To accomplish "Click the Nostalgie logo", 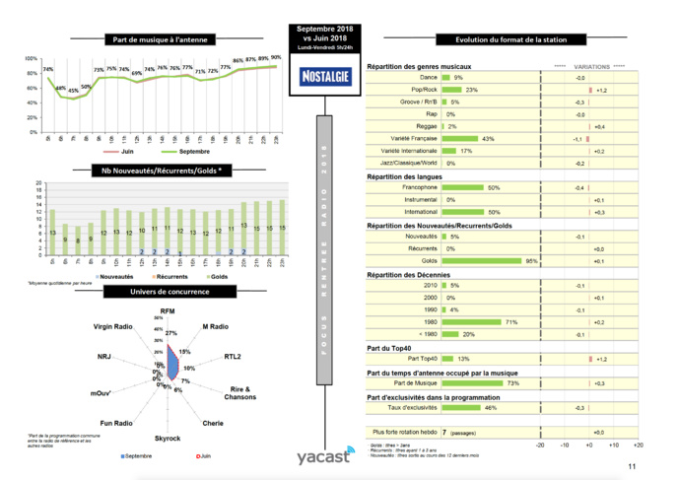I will click(x=321, y=75).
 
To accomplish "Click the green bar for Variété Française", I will click(x=461, y=138).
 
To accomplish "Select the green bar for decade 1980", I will click(x=473, y=322).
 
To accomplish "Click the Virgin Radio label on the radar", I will click(x=113, y=326).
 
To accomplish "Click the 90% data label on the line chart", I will click(x=276, y=57).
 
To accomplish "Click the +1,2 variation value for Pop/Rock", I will click(x=601, y=90).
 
